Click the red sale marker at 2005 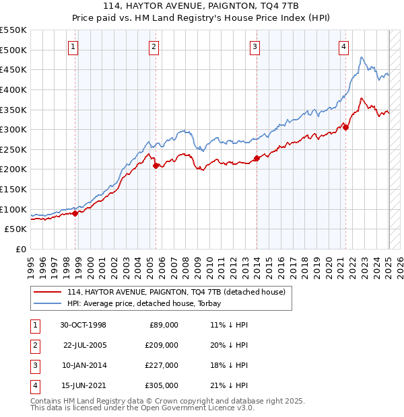tap(156, 165)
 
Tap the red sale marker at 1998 tap(75, 213)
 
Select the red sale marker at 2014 tap(257, 159)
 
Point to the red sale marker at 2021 tap(345, 127)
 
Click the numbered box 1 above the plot tap(72, 46)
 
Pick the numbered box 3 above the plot tap(255, 46)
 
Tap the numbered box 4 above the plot tap(343, 46)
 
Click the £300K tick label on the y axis tap(13, 129)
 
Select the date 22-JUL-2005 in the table tap(85, 344)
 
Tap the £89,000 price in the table tap(162, 324)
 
